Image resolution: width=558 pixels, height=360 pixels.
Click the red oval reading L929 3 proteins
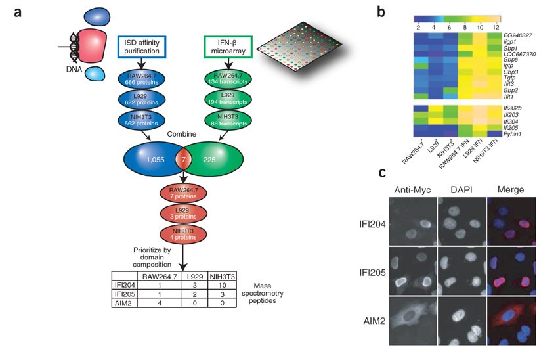pyautogui.click(x=184, y=214)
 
